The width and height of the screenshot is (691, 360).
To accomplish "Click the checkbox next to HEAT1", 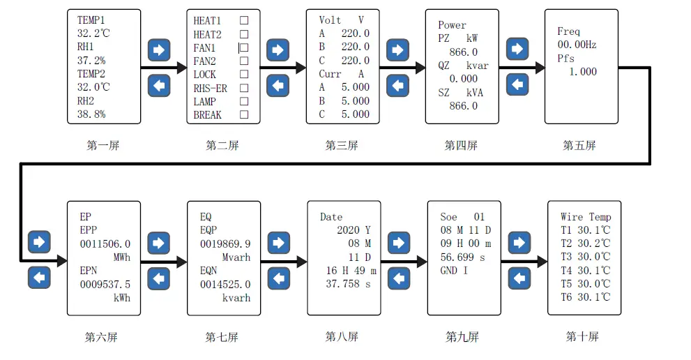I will coord(244,21).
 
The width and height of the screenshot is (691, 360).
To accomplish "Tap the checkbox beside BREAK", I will coord(244,115).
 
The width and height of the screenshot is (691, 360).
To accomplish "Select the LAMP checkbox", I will coord(244,102).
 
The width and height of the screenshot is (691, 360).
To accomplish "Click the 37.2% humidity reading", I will coord(91,61).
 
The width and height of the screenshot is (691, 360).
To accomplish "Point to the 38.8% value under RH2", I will coord(91,114).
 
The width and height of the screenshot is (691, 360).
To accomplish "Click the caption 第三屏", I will coord(342,146).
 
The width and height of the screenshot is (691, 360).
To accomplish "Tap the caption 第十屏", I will coord(582,337).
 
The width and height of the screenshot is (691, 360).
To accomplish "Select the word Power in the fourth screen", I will coord(453,26).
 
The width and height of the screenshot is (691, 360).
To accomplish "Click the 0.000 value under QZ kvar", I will coord(464,80).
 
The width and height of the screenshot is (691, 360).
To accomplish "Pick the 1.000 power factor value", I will coord(582,72).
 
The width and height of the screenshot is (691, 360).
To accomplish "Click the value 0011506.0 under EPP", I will coord(105,244).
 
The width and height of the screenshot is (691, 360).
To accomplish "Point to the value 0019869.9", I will coord(225,244).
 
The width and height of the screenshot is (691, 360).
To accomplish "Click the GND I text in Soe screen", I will coord(455,271).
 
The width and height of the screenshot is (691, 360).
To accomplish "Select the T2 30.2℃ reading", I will coord(585,243).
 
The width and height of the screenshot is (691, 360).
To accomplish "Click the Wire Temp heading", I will coord(585,217).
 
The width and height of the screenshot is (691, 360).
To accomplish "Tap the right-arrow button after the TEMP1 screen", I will coord(159,50).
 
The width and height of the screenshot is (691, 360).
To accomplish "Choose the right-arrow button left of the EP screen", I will coord(39,243).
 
